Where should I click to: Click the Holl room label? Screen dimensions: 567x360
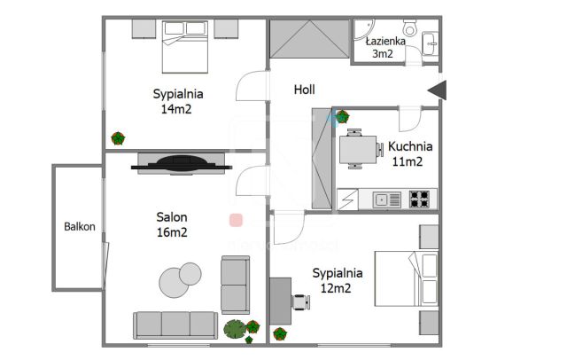point(304,90)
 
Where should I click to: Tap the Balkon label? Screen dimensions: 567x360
point(80,226)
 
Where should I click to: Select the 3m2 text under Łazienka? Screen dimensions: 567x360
point(383,53)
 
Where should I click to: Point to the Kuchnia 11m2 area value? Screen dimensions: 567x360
point(408,161)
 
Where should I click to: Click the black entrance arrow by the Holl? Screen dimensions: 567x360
point(438,90)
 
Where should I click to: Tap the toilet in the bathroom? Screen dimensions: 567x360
point(410,27)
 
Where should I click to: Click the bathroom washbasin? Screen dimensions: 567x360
point(431,43)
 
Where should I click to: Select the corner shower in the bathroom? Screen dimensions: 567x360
point(363,29)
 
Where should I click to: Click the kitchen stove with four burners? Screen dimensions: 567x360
point(419,200)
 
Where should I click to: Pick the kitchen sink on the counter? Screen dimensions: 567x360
point(386,200)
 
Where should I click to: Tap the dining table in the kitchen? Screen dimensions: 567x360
point(358,150)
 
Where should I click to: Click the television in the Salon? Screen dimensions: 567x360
point(181,163)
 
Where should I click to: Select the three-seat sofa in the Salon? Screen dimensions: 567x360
point(175,325)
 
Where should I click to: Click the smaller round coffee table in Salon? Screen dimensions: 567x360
point(190,273)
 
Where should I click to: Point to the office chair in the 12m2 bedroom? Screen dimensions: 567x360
point(301,302)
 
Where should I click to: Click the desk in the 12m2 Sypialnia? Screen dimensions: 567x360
point(281,301)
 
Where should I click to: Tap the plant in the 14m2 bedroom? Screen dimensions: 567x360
point(118,138)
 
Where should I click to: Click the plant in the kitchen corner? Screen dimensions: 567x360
point(342,117)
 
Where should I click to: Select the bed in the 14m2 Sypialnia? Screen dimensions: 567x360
point(185,47)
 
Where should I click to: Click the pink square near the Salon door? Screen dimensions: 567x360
point(236,220)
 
